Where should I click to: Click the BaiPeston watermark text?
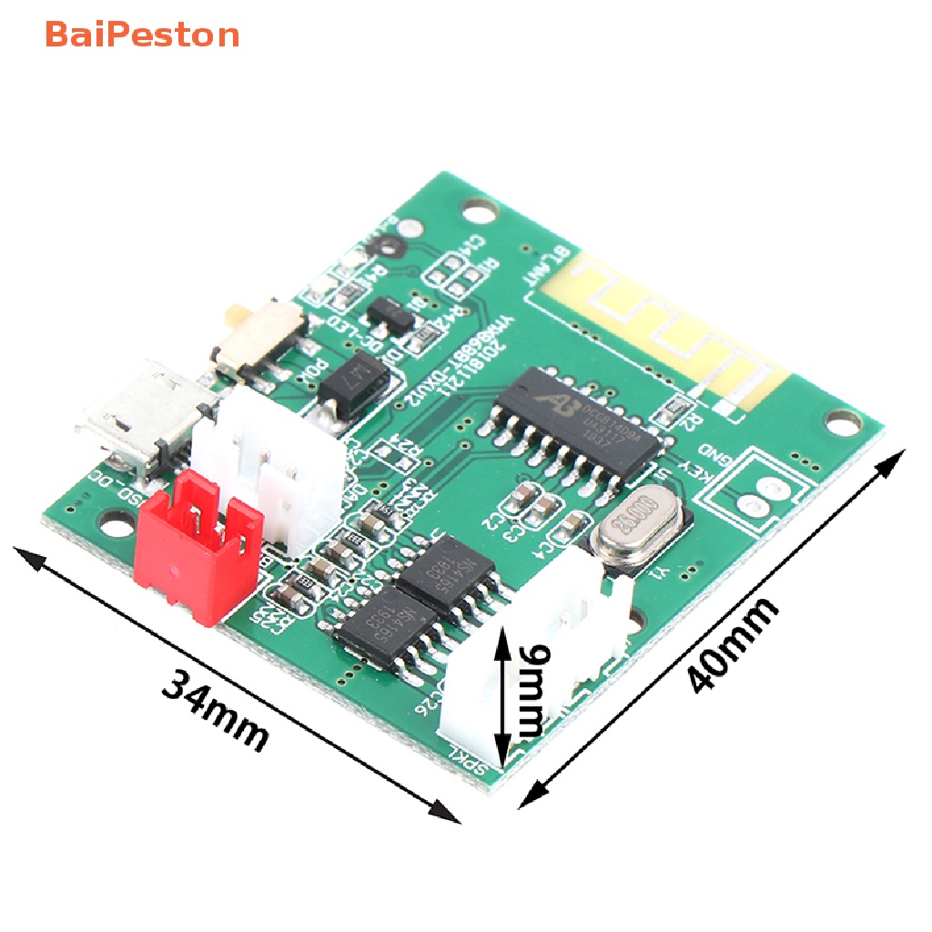tap(142, 35)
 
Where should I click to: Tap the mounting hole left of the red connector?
tap(114, 523)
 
